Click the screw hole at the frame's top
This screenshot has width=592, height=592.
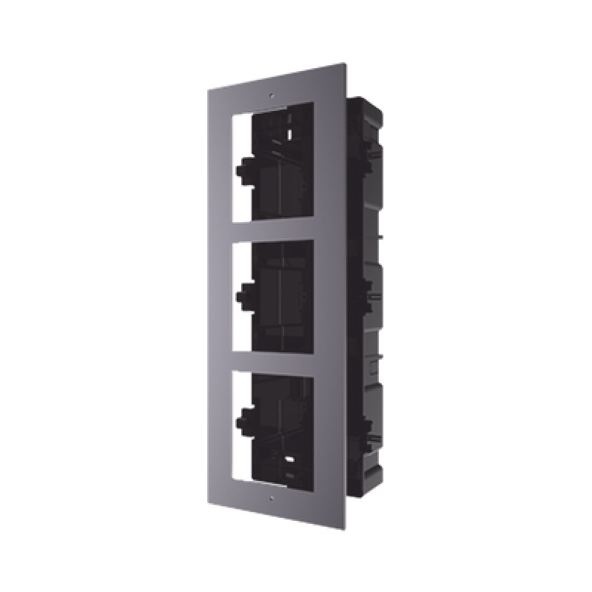point(272,95)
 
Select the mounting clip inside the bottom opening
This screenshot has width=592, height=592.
point(241,423)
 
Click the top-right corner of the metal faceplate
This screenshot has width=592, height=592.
point(345,63)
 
